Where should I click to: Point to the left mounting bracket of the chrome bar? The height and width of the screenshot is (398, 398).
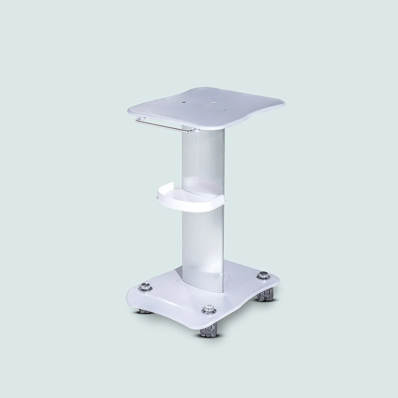tap(138, 119)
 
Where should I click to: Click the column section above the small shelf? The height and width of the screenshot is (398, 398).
tap(203, 159)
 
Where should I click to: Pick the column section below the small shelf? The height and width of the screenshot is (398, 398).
tap(203, 243)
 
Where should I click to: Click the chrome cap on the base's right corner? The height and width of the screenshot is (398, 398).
tap(263, 275)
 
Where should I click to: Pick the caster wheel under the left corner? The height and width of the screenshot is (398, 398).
tap(144, 310)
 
